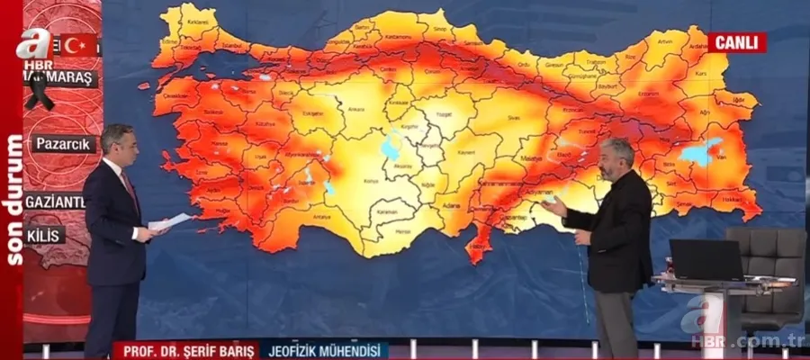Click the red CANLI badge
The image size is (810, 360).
point(736,42)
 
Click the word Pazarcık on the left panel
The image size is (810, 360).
point(67,143)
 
